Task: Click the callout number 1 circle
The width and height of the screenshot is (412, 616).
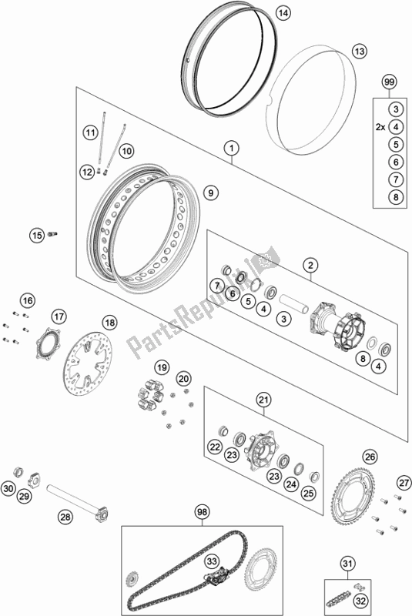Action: coord(229,146)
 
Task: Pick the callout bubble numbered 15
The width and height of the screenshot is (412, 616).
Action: coord(35,235)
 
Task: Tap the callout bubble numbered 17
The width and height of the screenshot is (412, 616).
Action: coord(60,316)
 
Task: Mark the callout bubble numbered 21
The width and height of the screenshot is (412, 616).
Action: coord(264,399)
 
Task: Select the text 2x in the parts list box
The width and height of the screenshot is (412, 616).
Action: coord(376,127)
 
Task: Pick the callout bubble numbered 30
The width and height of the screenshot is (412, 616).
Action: coord(8,489)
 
